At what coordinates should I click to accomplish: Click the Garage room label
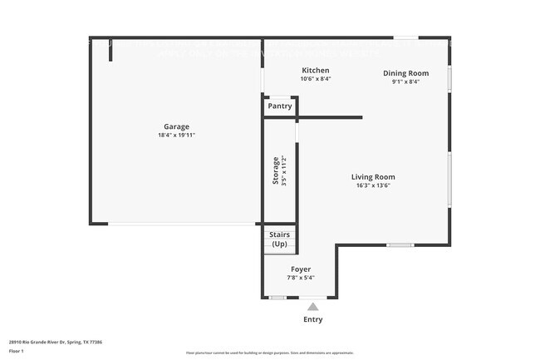[x=176, y=126]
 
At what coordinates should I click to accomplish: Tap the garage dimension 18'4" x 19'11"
[x=176, y=136]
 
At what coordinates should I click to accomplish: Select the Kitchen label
[x=316, y=71]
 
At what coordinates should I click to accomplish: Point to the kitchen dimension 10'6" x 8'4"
[x=316, y=79]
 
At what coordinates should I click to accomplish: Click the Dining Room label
[x=405, y=73]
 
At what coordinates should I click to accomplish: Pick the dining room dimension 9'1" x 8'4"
[x=405, y=81]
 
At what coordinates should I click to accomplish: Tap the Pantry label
[x=280, y=106]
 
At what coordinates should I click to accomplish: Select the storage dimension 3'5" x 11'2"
[x=284, y=170]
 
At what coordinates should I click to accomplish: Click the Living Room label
[x=373, y=177]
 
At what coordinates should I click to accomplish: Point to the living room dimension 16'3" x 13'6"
[x=373, y=185]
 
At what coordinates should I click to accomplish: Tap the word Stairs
[x=280, y=235]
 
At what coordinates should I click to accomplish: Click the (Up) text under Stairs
[x=280, y=244]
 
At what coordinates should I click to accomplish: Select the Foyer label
[x=301, y=269]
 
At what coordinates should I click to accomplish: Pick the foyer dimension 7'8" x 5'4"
[x=301, y=278]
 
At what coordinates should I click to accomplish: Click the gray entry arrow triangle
[x=312, y=307]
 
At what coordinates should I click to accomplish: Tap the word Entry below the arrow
[x=312, y=319]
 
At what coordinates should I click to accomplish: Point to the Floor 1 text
[x=17, y=352]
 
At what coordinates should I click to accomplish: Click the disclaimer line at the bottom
[x=269, y=353]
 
